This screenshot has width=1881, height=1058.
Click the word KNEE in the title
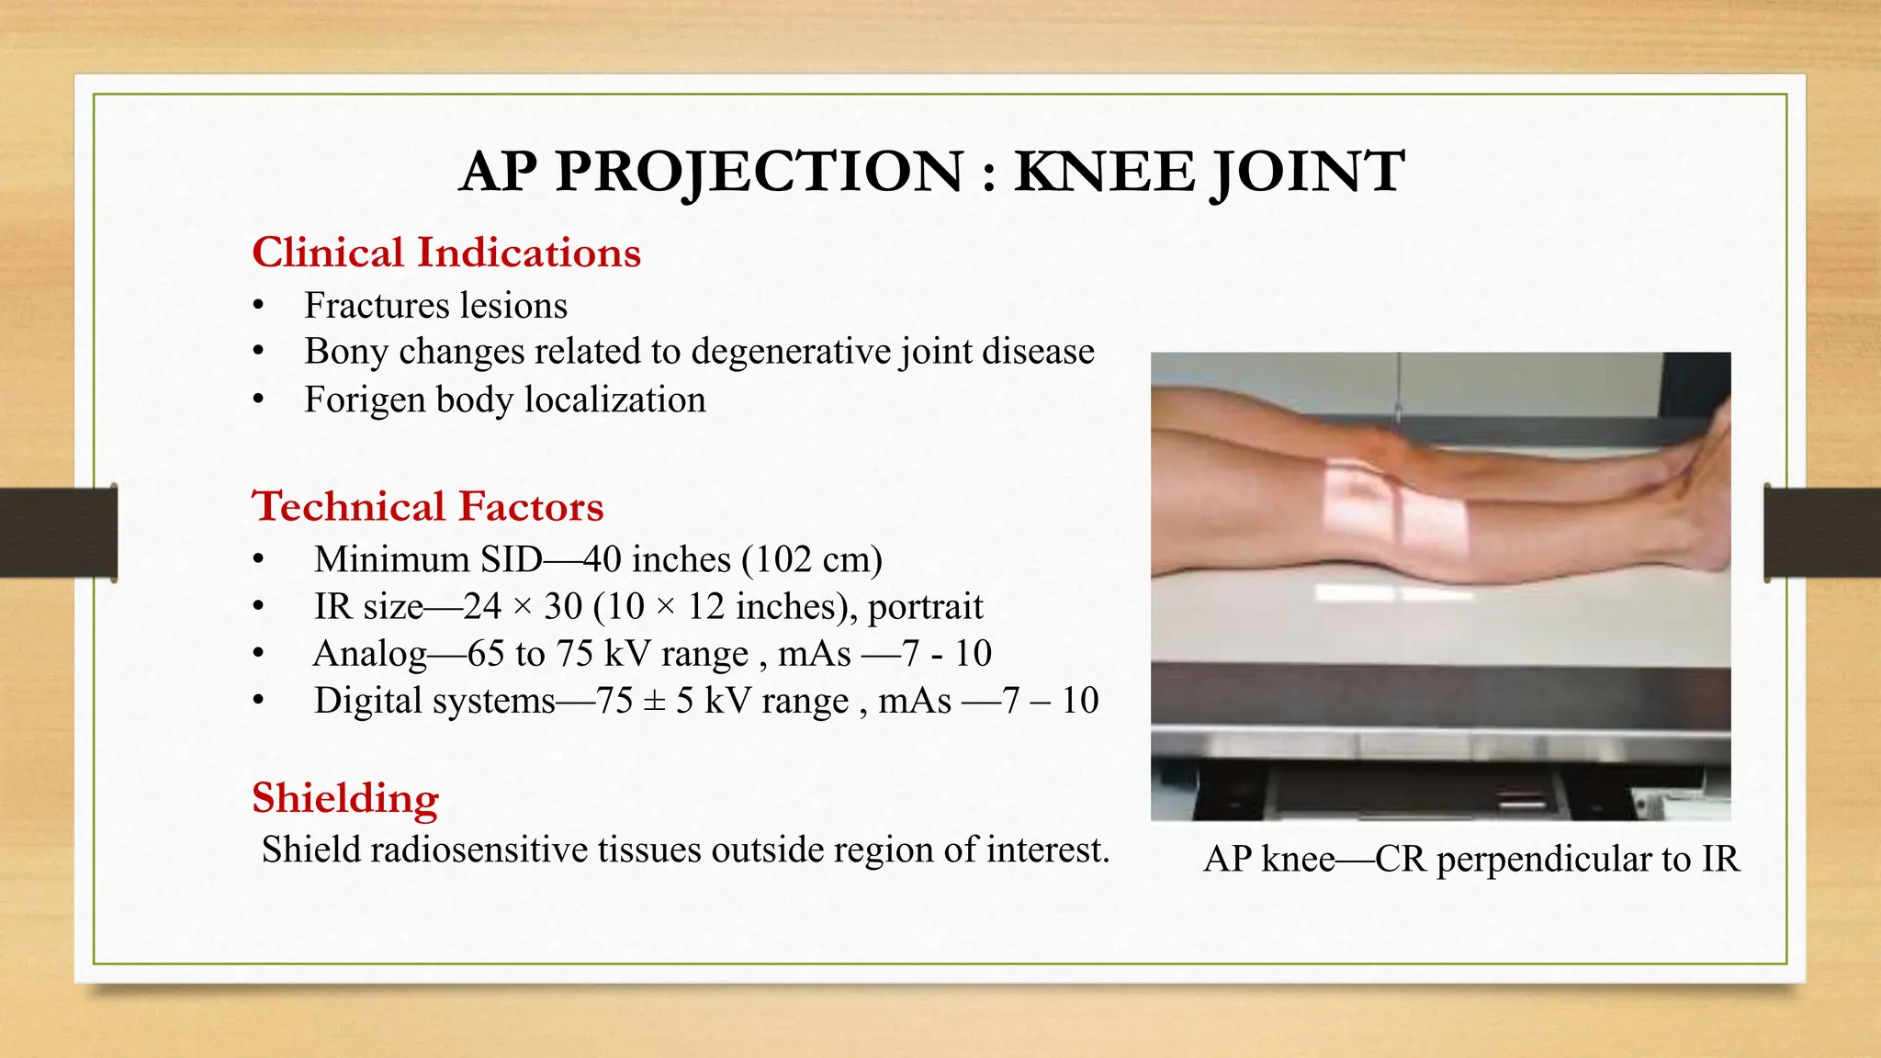1105,172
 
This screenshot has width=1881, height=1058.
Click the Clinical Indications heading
446,253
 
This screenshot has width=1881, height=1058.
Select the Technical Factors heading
428,506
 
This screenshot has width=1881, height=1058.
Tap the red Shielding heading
345,797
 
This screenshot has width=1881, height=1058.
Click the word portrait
925,606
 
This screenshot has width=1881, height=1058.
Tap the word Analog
370,654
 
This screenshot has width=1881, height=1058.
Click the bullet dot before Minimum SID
259,559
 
